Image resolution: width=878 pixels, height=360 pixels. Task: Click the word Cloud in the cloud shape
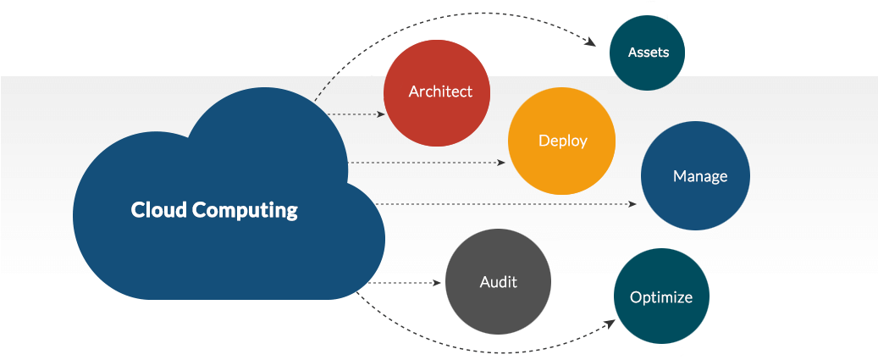point(159,210)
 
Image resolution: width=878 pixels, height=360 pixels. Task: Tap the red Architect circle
point(437,92)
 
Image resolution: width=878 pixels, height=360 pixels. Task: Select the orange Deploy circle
point(561,141)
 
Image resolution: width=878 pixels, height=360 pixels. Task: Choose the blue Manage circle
point(695,176)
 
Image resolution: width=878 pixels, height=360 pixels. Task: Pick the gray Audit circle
point(498,282)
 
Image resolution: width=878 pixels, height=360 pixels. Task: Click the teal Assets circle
point(648,53)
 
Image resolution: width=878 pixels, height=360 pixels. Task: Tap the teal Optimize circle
point(660,296)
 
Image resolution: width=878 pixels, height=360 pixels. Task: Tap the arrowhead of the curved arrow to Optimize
point(612,322)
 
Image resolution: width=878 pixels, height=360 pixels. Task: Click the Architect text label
point(440,91)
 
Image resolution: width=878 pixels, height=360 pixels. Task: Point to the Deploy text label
point(562,141)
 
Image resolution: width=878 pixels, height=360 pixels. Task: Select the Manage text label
point(700,176)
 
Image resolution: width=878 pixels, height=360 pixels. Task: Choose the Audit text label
point(498,282)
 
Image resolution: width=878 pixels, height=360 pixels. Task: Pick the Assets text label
point(649,53)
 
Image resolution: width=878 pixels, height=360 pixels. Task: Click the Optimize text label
point(661,297)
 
